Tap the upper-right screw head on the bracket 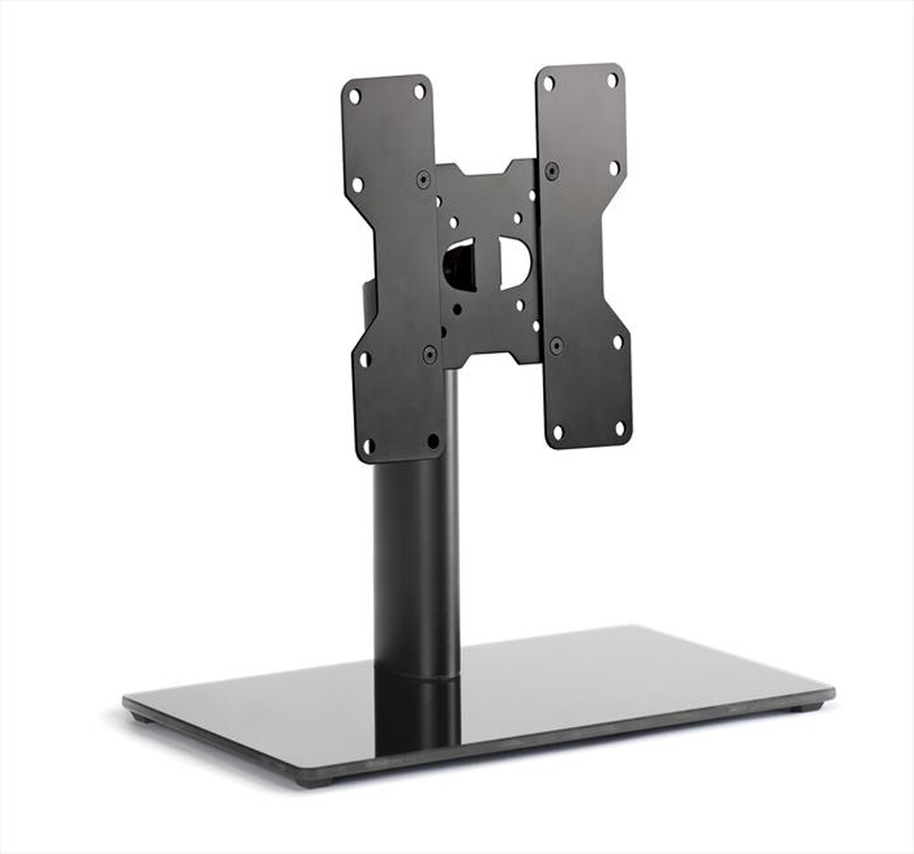[552, 170]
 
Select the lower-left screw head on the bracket [430, 353]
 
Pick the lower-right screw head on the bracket [556, 346]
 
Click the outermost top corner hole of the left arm [355, 95]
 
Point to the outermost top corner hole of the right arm [612, 80]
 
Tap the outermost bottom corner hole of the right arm [619, 428]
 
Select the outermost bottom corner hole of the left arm [368, 446]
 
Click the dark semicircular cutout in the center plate [459, 265]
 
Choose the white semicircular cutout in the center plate [515, 262]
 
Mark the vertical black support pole [416, 567]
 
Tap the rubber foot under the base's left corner [142, 718]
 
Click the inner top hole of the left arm [419, 91]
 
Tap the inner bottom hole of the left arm [433, 441]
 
